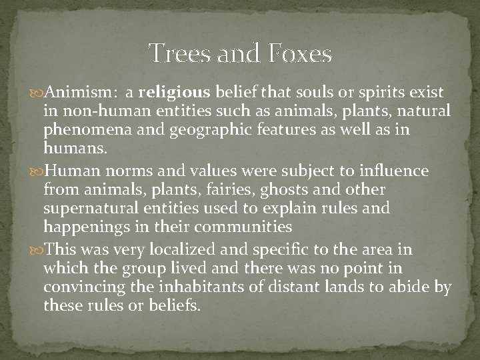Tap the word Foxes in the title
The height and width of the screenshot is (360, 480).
click(x=300, y=53)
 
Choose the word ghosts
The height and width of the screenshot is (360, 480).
click(x=299, y=190)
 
